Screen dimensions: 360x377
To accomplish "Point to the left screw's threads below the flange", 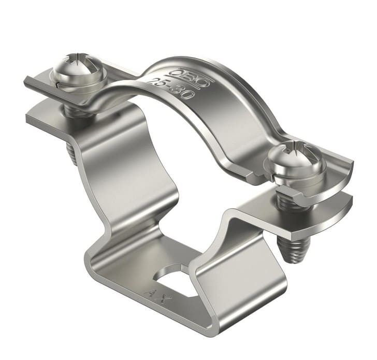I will tap(73, 153).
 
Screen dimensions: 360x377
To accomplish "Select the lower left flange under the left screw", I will tap(47, 119).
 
